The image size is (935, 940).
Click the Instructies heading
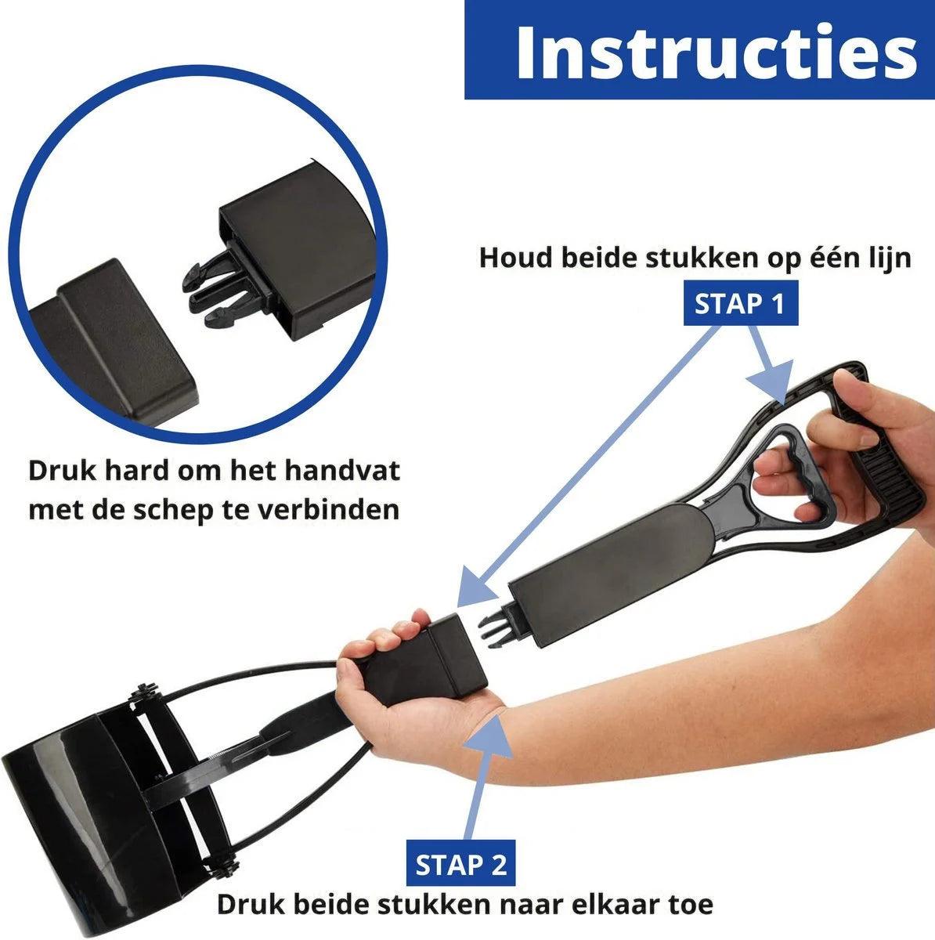click(717, 52)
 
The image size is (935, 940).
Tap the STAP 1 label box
click(740, 303)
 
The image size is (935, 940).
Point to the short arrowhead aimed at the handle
click(771, 381)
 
